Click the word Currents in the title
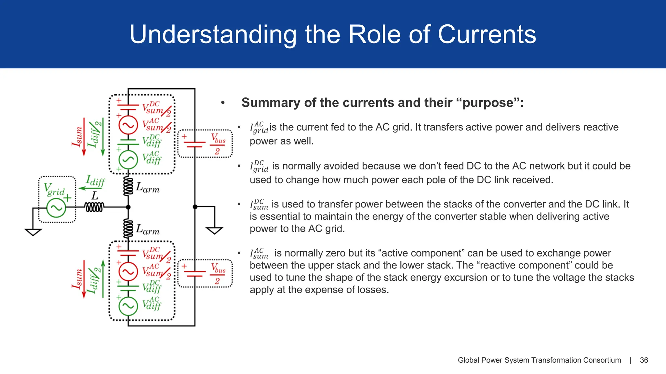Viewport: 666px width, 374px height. pyautogui.click(x=487, y=34)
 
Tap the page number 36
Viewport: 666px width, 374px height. pyautogui.click(x=644, y=360)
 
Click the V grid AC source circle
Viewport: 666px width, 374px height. pyautogui.click(x=56, y=207)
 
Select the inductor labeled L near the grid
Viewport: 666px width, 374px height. pyautogui.click(x=94, y=207)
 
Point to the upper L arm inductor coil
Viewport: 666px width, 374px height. pyautogui.click(x=128, y=186)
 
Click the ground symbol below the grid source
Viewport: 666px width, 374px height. pyautogui.click(x=33, y=232)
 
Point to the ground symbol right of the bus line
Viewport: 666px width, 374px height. pyautogui.click(x=214, y=231)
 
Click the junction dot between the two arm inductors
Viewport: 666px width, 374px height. pyautogui.click(x=128, y=207)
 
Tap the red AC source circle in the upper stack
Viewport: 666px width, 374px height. pyautogui.click(x=128, y=125)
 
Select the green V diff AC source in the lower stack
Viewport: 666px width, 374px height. pyautogui.click(x=128, y=306)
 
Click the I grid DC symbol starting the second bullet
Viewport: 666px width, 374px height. pyautogui.click(x=259, y=167)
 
